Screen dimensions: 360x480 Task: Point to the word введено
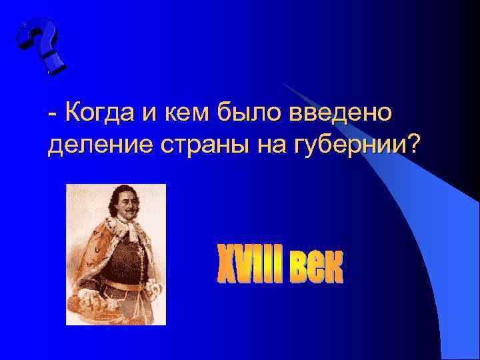coord(340,114)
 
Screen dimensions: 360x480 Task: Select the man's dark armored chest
coord(120,260)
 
